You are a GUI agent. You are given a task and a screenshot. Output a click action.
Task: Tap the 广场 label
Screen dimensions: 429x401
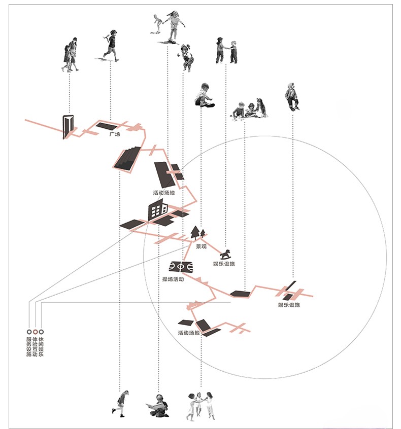point(114,134)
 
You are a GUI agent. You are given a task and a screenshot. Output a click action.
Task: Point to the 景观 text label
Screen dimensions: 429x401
point(202,246)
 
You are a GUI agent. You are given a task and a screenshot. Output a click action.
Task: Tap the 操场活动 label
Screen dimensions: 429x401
point(173,279)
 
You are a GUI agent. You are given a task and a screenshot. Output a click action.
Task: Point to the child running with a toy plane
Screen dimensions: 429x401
point(111,46)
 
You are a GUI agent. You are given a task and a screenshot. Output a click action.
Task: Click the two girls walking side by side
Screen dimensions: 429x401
point(71,54)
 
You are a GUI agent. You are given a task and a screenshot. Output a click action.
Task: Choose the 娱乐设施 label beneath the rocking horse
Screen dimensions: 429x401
point(224,264)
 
